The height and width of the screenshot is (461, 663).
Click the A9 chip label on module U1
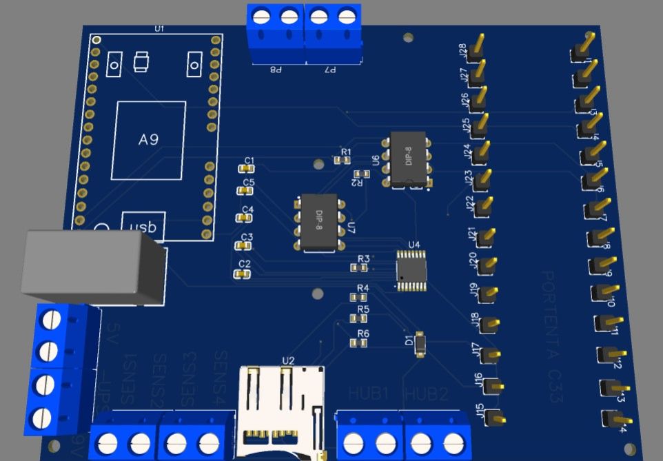click(x=150, y=139)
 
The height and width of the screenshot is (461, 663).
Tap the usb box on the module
click(x=143, y=227)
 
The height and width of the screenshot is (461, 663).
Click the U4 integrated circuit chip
click(x=411, y=269)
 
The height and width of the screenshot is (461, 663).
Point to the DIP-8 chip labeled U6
click(x=409, y=159)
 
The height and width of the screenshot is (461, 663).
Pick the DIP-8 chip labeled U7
click(x=319, y=222)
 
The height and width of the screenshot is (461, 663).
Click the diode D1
click(x=421, y=343)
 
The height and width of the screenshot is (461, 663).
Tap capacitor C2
click(x=241, y=274)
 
